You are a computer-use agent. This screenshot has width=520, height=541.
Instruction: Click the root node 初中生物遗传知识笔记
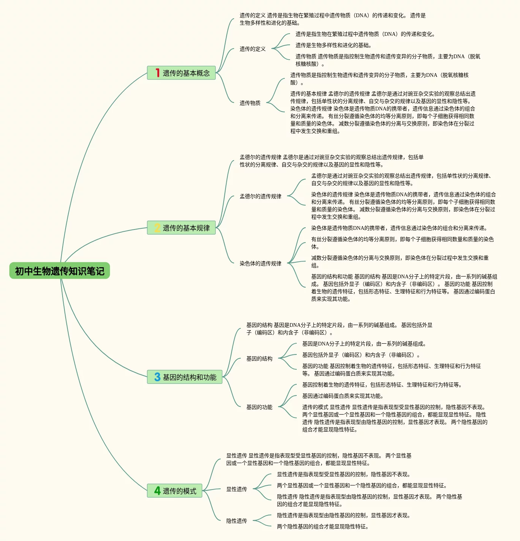coord(60,271)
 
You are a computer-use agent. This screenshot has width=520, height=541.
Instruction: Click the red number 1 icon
coord(157,73)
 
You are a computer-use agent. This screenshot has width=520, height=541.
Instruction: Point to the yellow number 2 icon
coord(157,228)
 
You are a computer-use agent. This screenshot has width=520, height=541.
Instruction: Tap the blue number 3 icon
coord(157,377)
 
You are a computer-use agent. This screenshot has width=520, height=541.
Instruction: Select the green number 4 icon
coord(157,491)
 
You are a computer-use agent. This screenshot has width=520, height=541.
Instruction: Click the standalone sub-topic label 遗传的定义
coord(253,49)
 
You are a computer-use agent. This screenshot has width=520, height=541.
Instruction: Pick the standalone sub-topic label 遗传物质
coord(250,103)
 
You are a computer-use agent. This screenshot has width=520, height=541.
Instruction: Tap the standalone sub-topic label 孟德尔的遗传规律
coord(261,196)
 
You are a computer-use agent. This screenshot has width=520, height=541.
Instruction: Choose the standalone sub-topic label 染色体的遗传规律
coord(261,263)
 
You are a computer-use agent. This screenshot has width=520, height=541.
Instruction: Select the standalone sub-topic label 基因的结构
coord(259,359)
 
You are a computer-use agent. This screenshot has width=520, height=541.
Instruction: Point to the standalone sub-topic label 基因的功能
coord(259,407)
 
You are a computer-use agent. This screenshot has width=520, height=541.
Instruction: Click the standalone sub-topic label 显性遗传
coord(237,489)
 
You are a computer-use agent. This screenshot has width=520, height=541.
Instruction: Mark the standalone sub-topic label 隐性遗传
coord(237,521)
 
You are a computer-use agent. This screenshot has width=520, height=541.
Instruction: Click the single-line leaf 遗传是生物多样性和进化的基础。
coord(334,45)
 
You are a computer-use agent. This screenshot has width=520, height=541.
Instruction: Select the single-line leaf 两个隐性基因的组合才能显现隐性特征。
coord(323,526)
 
